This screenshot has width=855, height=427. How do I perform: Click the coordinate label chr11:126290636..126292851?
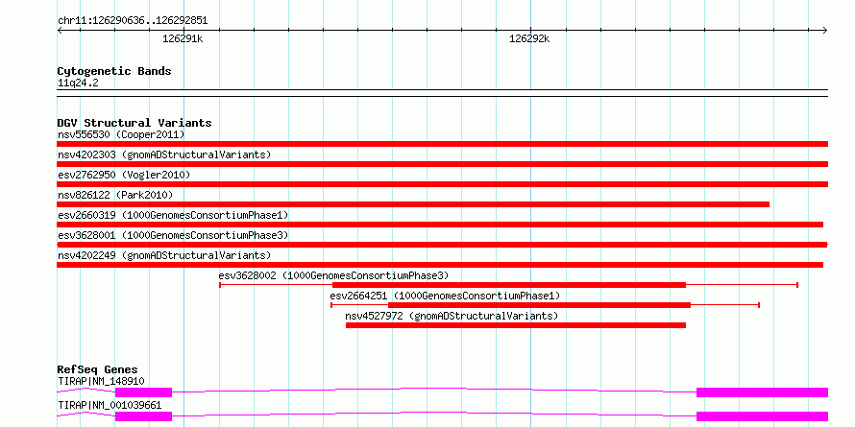tap(133, 21)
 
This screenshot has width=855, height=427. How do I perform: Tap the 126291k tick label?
tap(183, 38)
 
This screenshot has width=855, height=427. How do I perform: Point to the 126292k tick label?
tap(529, 38)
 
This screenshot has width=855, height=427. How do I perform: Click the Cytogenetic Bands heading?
tap(114, 71)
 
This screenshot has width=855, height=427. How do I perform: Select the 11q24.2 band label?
tap(78, 83)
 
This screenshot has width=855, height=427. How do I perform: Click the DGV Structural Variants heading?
tap(134, 123)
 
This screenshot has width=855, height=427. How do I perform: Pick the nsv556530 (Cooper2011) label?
tap(121, 134)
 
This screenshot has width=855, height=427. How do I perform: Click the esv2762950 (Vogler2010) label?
tap(124, 175)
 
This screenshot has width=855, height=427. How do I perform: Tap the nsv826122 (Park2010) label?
tap(115, 195)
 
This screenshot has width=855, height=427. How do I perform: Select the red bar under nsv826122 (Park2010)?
tap(413, 204)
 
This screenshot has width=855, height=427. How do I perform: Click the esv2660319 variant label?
tap(173, 215)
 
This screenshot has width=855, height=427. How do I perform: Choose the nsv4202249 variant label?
tap(164, 255)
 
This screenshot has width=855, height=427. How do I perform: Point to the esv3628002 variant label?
tap(333, 275)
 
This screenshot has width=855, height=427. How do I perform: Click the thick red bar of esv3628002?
tap(509, 285)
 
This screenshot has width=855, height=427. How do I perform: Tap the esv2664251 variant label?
tap(445, 296)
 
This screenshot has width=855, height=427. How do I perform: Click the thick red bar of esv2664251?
tap(539, 305)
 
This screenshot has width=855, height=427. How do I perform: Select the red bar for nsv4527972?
tap(515, 325)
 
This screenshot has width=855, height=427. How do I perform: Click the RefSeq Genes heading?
tap(97, 369)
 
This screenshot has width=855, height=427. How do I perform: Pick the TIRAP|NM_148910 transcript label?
tap(101, 381)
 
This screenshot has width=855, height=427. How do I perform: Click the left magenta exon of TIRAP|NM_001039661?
tap(143, 416)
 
